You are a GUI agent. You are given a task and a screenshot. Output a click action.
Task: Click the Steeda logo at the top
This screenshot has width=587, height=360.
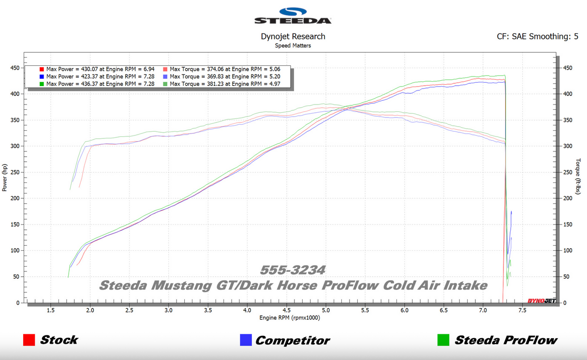coord(293,15)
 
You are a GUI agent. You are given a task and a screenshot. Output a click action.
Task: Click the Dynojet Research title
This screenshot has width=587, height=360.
coord(293,36)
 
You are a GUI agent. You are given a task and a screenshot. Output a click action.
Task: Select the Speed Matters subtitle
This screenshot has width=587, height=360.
coord(293,45)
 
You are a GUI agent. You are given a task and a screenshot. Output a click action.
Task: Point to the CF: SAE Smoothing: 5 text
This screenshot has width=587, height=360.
coord(537,36)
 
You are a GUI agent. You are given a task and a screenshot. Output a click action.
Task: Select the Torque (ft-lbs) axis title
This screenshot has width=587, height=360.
coord(578,177)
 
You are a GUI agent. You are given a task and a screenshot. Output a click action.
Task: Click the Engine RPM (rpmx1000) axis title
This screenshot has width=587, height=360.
coord(290,318)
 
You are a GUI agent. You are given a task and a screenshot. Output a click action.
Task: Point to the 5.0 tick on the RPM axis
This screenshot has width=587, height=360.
coord(326,311)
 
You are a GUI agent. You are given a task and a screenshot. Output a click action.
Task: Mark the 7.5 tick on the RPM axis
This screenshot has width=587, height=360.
coord(522,311)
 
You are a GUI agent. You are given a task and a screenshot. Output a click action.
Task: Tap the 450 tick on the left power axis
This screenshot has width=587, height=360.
coord(15,68)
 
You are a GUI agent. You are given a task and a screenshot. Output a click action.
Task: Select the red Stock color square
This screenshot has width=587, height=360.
coord(29,340)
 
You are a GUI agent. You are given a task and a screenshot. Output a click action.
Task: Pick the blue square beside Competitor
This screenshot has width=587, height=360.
coord(246,340)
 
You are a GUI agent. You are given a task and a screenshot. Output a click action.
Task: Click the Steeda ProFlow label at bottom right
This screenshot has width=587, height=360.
coord(506,341)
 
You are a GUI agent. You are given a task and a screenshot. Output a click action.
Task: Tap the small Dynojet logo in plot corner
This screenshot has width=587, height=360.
coord(541,301)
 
